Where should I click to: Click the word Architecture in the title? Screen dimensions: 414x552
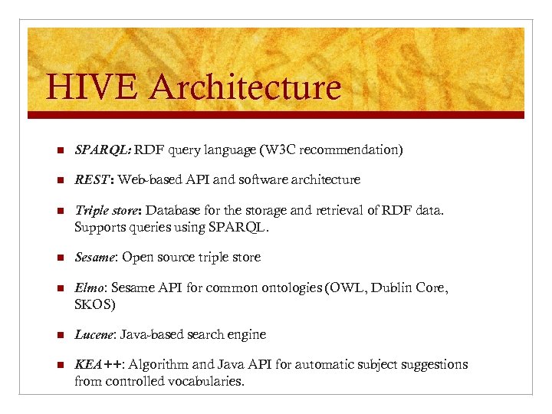(245, 87)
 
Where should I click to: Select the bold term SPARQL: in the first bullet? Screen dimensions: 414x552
(103, 149)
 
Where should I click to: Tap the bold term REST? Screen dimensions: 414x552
(93, 180)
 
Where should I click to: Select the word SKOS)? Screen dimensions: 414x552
(95, 304)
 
